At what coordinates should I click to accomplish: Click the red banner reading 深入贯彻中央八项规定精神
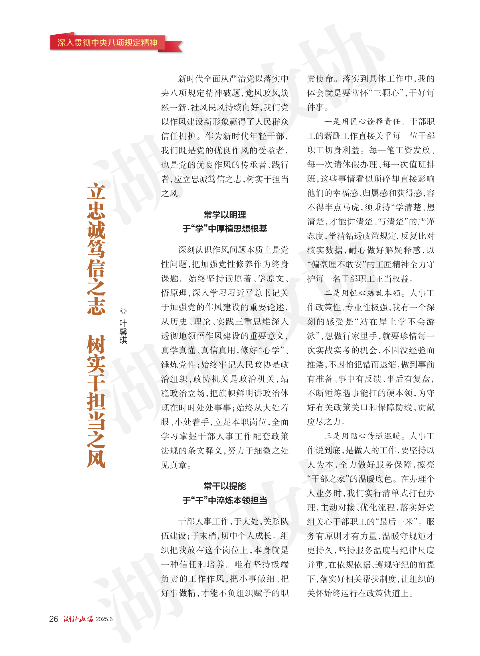pyautogui.click(x=108, y=43)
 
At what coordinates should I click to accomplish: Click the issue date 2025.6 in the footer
pyautogui.click(x=104, y=619)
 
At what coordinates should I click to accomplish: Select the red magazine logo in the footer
pyautogui.click(x=78, y=619)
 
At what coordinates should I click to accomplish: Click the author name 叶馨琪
pyautogui.click(x=123, y=332)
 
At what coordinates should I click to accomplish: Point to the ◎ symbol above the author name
pyautogui.click(x=123, y=311)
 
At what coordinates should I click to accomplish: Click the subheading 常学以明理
pyautogui.click(x=225, y=215)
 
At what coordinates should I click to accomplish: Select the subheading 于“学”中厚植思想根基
pyautogui.click(x=225, y=229)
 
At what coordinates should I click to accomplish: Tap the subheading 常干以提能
pyautogui.click(x=225, y=486)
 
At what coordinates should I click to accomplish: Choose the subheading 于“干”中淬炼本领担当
pyautogui.click(x=225, y=501)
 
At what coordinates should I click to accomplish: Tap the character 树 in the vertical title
pyautogui.click(x=96, y=345)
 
